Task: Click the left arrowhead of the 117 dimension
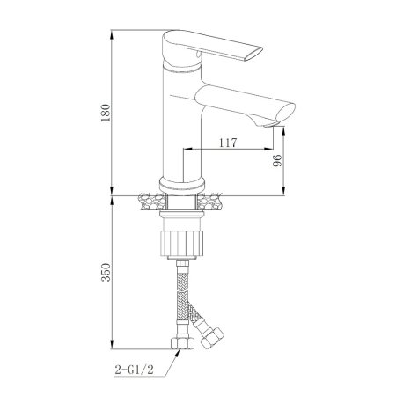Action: point(185,149)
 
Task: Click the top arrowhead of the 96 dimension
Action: point(284,128)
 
